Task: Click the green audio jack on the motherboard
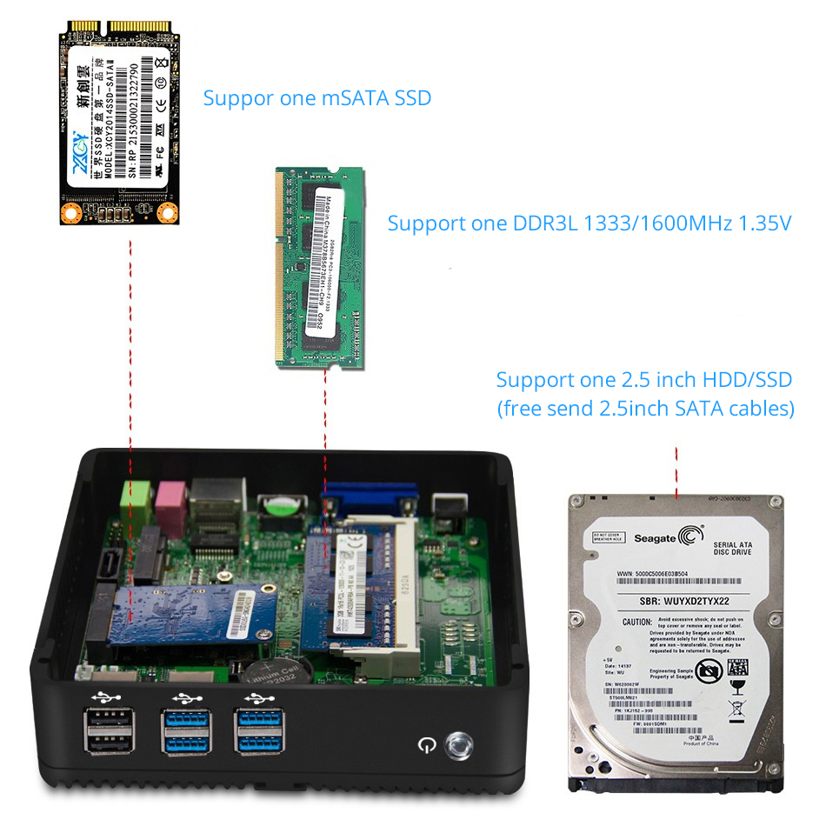(131, 496)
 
